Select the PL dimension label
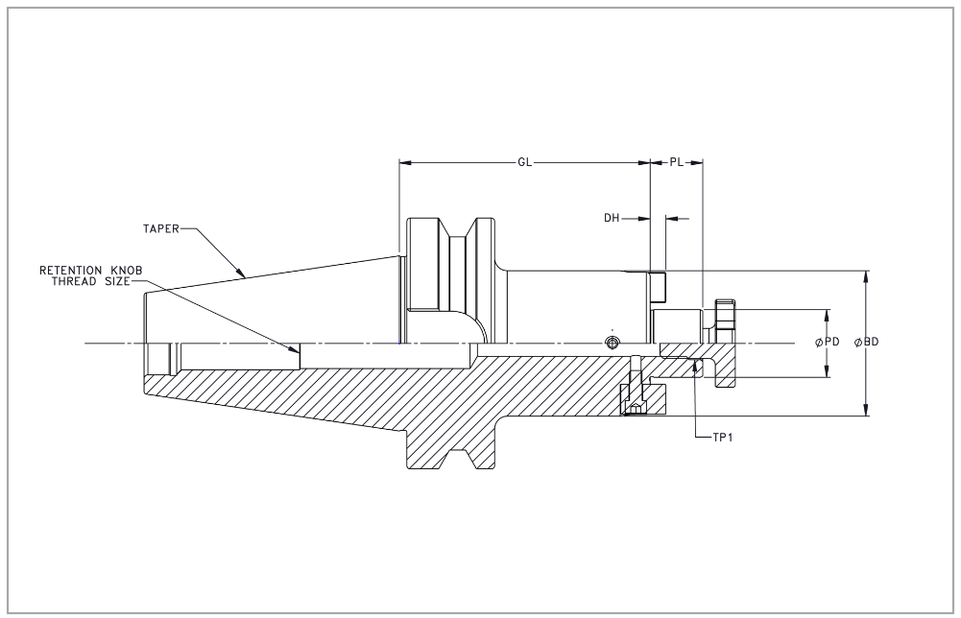click(x=677, y=163)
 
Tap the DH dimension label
click(x=612, y=219)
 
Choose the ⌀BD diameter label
click(x=866, y=343)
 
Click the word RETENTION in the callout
click(x=71, y=272)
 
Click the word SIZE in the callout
click(x=116, y=282)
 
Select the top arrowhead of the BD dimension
click(x=868, y=275)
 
